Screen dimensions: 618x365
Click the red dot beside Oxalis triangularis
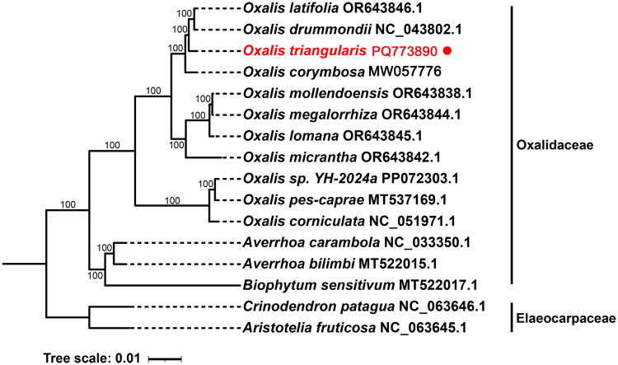click(447, 51)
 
